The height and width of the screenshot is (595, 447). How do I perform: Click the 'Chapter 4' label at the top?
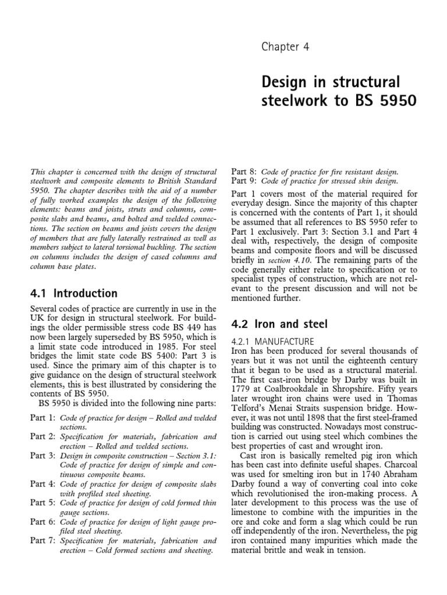click(285, 47)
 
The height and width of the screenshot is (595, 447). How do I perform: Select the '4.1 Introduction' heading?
click(73, 293)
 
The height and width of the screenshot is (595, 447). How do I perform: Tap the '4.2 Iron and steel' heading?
click(280, 324)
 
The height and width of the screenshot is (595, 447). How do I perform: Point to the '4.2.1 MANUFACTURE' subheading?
click(273, 341)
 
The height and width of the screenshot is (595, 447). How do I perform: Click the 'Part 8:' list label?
click(244, 172)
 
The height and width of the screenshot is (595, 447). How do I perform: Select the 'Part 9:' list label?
click(244, 181)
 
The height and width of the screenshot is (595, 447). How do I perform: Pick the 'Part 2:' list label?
click(42, 436)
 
